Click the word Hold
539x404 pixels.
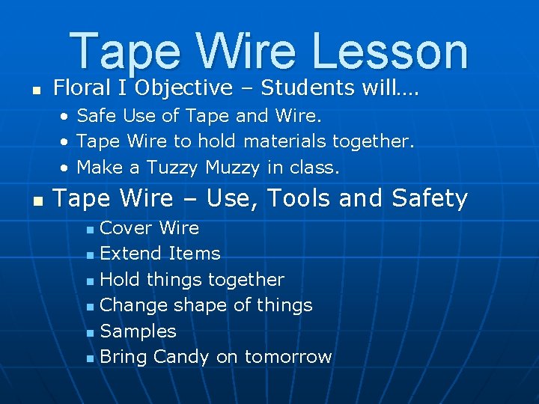121,280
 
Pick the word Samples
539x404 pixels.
138,331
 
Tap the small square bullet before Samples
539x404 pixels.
90,332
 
